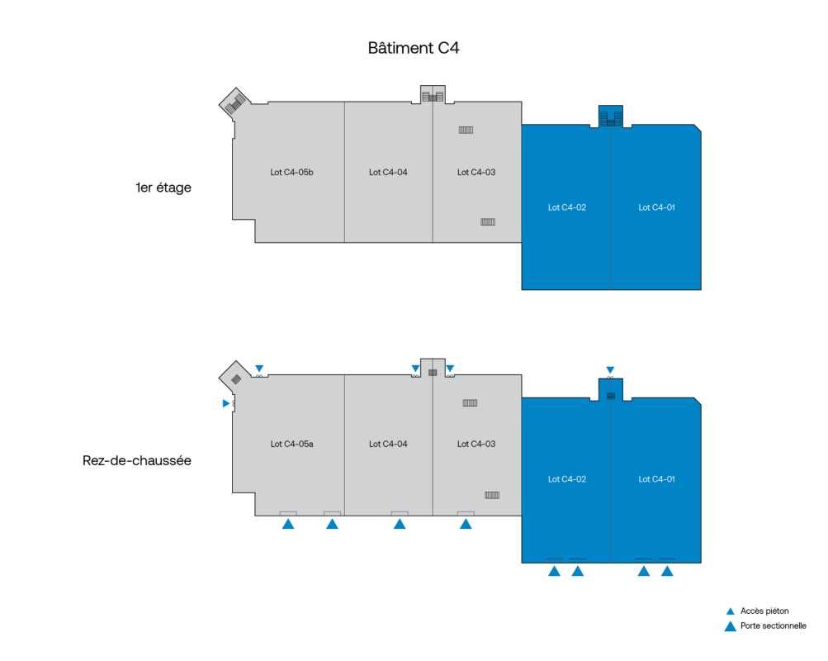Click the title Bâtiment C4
(x=413, y=48)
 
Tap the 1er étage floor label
(x=163, y=188)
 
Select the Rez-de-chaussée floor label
(x=137, y=460)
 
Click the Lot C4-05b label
(x=291, y=173)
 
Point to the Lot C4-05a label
(x=291, y=444)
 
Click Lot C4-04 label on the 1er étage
(x=388, y=173)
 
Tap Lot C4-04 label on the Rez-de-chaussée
(x=388, y=444)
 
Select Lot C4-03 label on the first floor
(x=476, y=173)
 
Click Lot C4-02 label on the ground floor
(x=567, y=479)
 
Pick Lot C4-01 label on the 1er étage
(x=657, y=207)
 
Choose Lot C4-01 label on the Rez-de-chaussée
(x=657, y=479)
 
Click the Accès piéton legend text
(x=764, y=611)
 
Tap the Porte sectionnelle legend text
(x=773, y=626)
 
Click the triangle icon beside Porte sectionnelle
(x=730, y=626)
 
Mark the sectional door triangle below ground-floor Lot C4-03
(x=466, y=524)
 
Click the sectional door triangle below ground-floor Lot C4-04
(x=400, y=524)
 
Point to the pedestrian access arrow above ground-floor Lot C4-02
(x=610, y=369)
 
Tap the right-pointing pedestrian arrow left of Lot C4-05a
(x=225, y=403)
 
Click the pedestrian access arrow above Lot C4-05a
(x=259, y=369)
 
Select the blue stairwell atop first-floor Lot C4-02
(x=611, y=117)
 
